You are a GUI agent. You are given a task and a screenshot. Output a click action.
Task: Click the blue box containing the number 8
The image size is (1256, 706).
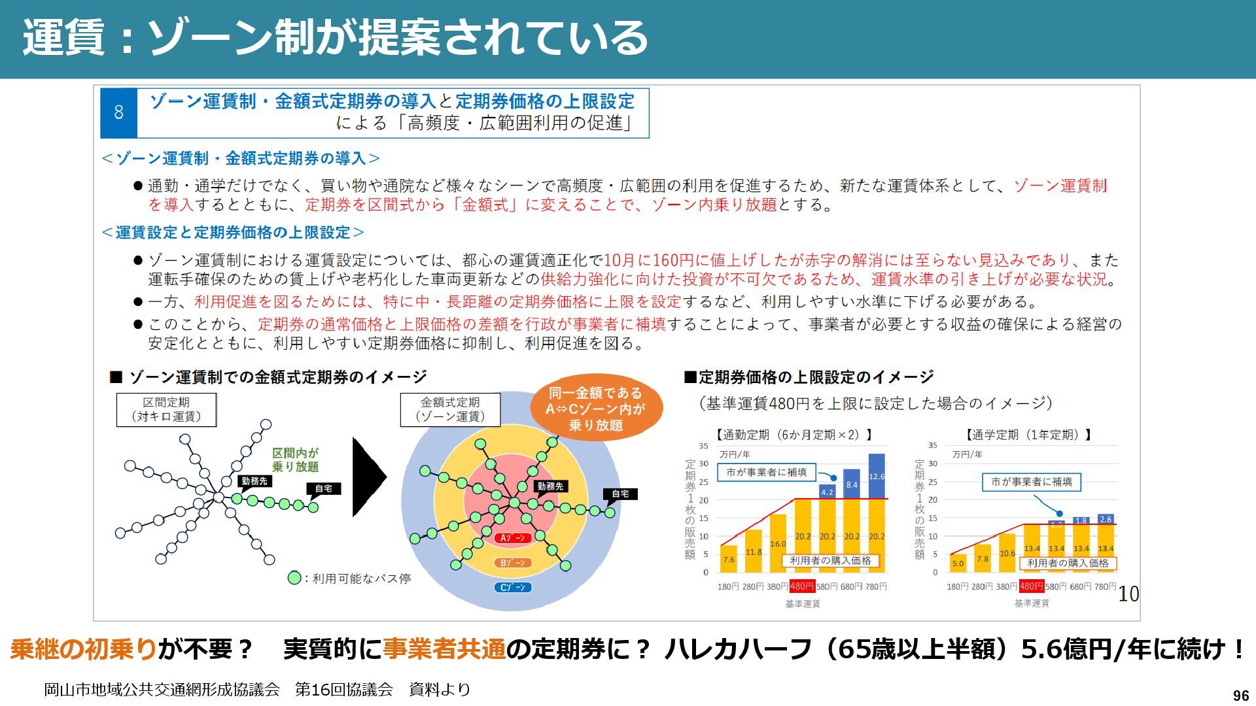pos(118,112)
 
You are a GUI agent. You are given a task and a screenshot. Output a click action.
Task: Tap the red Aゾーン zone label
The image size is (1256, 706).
pos(513,538)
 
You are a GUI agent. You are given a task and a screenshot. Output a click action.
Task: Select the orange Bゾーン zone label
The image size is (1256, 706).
pos(513,563)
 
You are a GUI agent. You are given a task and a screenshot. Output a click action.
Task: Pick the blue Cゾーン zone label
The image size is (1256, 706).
pos(513,587)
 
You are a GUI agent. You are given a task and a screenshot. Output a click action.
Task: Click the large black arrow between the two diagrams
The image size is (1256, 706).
pos(368,477)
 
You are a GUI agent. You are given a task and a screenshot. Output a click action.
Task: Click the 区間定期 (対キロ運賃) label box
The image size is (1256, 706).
pos(166,409)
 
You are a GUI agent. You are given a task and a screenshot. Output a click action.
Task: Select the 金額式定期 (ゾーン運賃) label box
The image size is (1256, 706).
pos(450,409)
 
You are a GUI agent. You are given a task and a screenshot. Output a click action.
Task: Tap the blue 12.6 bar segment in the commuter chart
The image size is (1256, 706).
pos(877,476)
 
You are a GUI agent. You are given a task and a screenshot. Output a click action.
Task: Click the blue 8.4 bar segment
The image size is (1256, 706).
pos(852,484)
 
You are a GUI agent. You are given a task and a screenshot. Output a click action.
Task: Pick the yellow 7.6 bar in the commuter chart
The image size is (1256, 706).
pos(729,559)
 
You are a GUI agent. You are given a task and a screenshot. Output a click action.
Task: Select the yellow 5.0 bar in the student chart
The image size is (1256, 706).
pos(958,563)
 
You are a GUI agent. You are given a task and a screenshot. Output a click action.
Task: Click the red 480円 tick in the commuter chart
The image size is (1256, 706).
pos(802,586)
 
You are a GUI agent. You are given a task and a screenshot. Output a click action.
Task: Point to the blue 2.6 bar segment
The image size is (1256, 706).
pos(1106,519)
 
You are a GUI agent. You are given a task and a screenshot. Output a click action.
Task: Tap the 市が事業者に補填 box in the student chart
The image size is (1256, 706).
pos(1032,482)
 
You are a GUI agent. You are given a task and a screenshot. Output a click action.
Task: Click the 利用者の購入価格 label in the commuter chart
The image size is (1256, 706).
pos(830,560)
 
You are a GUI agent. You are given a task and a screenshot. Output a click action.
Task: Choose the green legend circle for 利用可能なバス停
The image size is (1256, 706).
pos(294,578)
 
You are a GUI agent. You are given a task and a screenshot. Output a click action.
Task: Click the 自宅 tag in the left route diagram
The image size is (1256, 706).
pos(324,488)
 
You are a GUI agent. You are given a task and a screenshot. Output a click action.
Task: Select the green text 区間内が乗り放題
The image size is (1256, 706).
pos(296,460)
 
